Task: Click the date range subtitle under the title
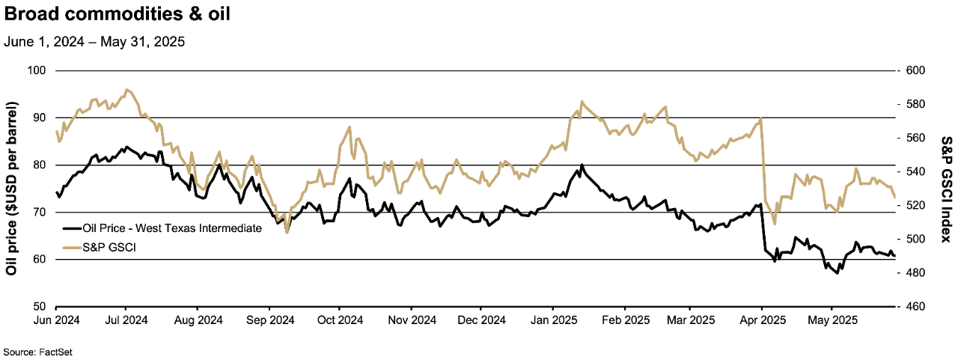94,43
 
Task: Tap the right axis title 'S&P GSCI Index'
946,189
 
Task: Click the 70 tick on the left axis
39,213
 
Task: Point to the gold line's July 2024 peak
127,90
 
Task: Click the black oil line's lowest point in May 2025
837,273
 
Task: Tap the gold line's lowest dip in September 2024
287,232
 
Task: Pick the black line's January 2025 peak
582,165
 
